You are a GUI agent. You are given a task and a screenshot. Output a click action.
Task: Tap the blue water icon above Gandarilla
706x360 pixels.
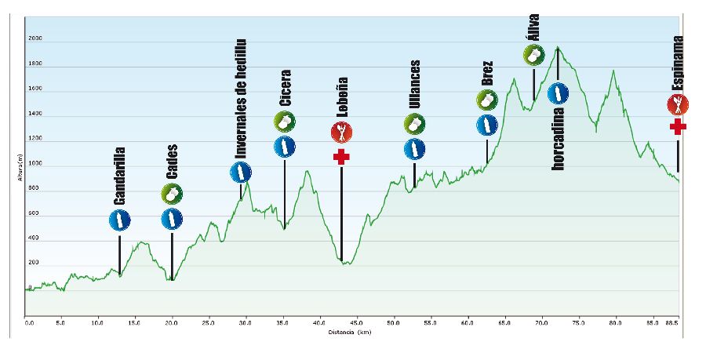click(119, 222)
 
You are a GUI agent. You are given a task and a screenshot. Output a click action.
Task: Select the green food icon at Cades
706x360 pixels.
click(172, 194)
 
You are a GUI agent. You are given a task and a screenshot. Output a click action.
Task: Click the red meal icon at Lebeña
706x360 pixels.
click(341, 131)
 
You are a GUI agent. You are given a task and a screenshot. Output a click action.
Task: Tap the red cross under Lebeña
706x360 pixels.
click(341, 157)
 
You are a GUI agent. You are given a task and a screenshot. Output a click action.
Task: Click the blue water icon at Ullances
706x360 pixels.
click(414, 148)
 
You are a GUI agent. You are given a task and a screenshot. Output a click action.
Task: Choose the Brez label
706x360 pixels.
click(487, 73)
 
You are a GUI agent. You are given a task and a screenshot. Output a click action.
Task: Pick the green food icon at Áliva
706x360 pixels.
click(534, 55)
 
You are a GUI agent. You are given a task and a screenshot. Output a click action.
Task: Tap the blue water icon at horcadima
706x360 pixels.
click(558, 94)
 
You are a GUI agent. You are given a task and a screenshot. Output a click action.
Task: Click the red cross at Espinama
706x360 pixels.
click(679, 127)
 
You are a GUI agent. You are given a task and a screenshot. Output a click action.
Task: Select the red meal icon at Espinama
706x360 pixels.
click(678, 104)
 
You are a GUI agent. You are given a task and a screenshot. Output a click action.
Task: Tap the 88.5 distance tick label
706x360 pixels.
click(672, 322)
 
